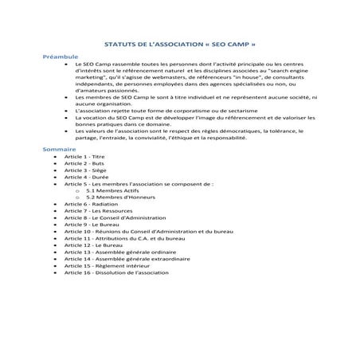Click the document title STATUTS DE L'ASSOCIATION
180,45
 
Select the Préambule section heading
61,57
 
